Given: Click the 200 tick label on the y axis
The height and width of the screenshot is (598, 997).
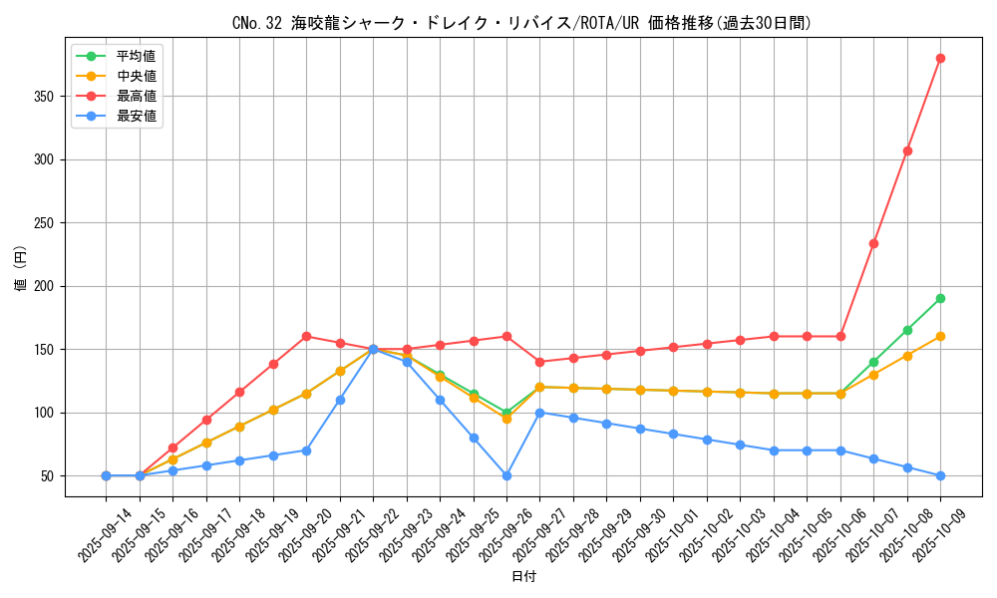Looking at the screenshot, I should (46, 286).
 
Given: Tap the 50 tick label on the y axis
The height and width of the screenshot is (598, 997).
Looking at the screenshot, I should (49, 475).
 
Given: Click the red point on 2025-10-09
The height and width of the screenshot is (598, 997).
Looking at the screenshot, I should (940, 58).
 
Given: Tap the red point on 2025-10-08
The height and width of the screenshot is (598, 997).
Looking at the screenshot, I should (907, 150).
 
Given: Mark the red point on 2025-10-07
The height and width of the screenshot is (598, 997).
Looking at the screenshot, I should (873, 243).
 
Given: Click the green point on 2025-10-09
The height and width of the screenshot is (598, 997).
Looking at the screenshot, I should (940, 298).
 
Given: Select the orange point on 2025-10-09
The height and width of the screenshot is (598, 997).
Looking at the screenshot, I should (940, 336).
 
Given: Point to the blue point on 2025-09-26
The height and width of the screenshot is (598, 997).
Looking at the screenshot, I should (506, 475).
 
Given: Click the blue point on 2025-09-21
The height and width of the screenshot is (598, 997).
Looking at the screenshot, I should (340, 400).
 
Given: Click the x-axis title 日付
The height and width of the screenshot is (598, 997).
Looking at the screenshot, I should (523, 576).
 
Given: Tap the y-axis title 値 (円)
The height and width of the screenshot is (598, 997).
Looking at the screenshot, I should (21, 269).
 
